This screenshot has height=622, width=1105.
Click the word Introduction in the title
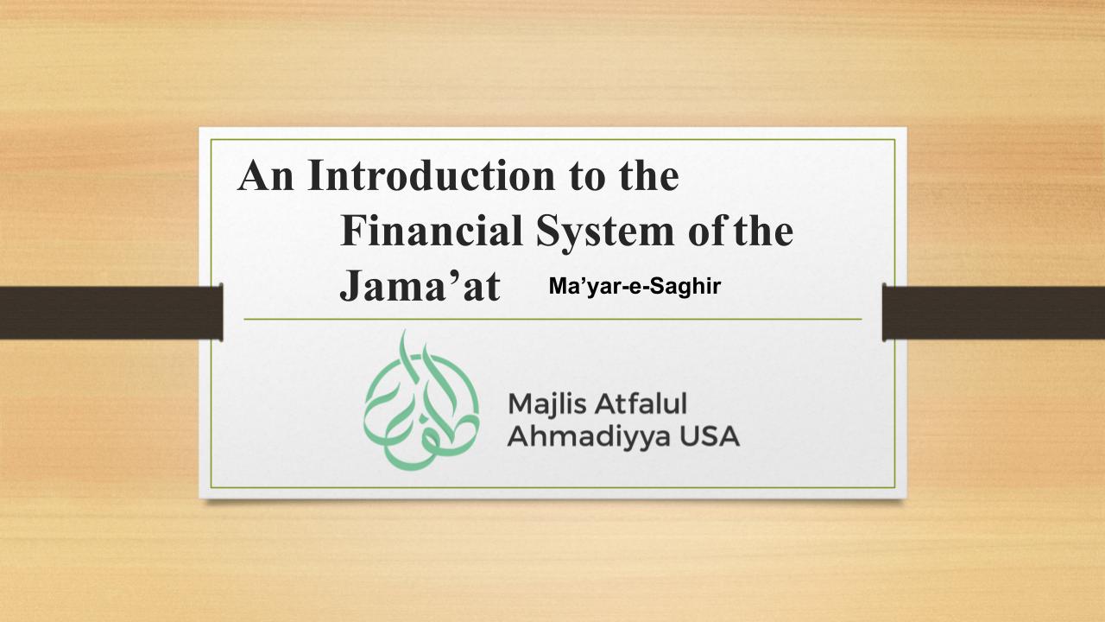[431, 175]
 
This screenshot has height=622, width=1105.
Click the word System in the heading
[605, 233]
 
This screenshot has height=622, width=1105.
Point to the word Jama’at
[420, 286]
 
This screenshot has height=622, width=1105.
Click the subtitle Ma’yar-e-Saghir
[635, 286]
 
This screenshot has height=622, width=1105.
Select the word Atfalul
[641, 403]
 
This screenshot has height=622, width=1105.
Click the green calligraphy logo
[421, 400]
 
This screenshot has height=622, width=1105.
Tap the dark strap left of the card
[111, 313]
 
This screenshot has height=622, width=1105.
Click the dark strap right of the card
[994, 313]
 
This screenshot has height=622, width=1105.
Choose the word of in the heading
[709, 231]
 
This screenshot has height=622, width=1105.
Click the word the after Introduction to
[649, 175]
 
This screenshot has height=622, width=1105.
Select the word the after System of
[764, 231]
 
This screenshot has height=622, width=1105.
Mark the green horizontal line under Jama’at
[552, 320]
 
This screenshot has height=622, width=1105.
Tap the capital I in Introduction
[315, 175]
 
